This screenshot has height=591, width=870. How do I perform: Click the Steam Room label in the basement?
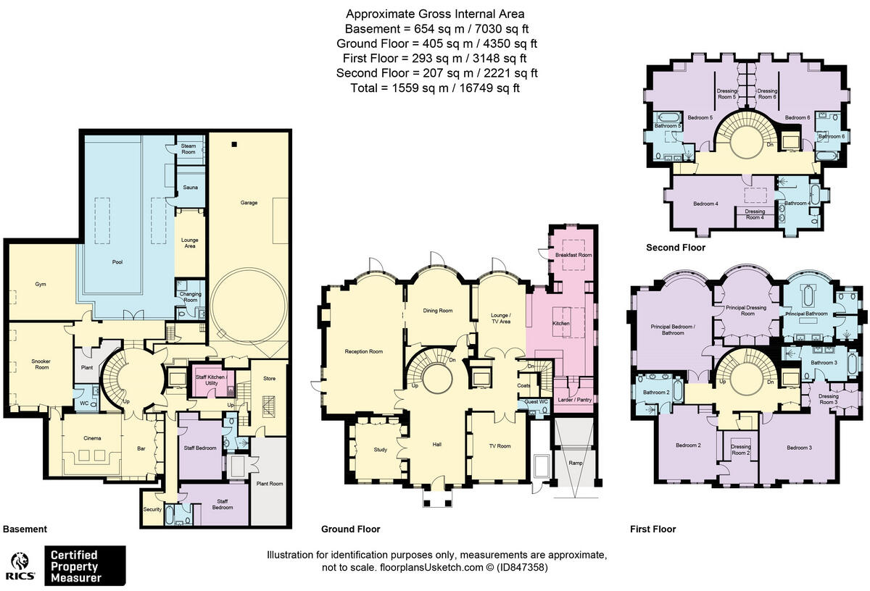pos(188,149)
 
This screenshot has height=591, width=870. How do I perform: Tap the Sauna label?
pos(191,188)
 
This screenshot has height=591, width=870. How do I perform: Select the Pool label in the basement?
pos(117,262)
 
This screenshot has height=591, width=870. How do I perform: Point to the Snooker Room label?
pos(41,364)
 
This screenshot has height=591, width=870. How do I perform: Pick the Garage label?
pos(249,203)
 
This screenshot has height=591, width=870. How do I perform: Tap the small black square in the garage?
pos(233,144)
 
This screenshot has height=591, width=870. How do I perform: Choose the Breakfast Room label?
pos(573,255)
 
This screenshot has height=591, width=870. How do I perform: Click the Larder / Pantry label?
pos(573,399)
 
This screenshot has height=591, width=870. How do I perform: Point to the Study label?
pos(380,450)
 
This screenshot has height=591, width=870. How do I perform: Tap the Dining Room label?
pos(438,311)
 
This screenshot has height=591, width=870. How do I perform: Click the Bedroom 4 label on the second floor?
pos(705,204)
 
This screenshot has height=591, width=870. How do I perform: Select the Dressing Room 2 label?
pos(740,449)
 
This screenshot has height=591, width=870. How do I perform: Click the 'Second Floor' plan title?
pos(675,248)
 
